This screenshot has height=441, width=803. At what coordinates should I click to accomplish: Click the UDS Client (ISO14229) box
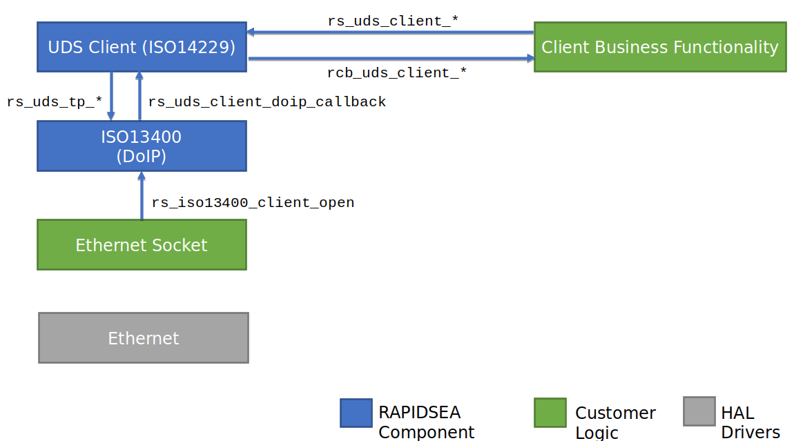pyautogui.click(x=142, y=47)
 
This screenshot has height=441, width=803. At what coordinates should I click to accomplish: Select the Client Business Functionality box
pyautogui.click(x=660, y=47)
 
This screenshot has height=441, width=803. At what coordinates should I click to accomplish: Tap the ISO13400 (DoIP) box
pyautogui.click(x=142, y=146)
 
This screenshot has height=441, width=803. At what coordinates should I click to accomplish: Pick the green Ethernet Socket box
pyautogui.click(x=142, y=244)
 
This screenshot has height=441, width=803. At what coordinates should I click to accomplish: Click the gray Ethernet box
pyautogui.click(x=144, y=337)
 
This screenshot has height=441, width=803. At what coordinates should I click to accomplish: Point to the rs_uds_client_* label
pyautogui.click(x=393, y=21)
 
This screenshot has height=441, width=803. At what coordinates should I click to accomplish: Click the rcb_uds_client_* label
pyautogui.click(x=397, y=72)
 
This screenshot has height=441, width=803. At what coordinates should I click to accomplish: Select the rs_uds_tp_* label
pyautogui.click(x=55, y=102)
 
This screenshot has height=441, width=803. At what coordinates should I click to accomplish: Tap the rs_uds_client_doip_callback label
pyautogui.click(x=267, y=102)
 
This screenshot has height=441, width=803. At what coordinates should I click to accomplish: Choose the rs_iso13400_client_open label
pyautogui.click(x=253, y=203)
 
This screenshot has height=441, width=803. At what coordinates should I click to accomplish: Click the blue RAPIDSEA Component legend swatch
pyautogui.click(x=356, y=413)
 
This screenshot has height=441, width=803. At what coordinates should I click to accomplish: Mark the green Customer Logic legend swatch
pyautogui.click(x=550, y=412)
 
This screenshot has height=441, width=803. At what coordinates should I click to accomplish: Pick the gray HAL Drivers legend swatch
pyautogui.click(x=699, y=411)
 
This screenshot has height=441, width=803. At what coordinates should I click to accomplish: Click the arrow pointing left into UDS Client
pyautogui.click(x=390, y=32)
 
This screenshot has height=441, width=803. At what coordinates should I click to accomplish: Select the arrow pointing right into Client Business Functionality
pyautogui.click(x=391, y=59)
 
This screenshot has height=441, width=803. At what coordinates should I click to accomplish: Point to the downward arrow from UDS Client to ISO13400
pyautogui.click(x=111, y=96)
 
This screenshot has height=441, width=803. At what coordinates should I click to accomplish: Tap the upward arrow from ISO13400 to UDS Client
pyautogui.click(x=139, y=96)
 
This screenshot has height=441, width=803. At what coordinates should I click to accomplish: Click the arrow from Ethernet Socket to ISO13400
pyautogui.click(x=142, y=195)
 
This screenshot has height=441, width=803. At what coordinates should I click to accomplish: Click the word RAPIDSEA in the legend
pyautogui.click(x=419, y=412)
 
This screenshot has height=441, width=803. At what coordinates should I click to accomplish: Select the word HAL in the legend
pyautogui.click(x=737, y=413)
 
